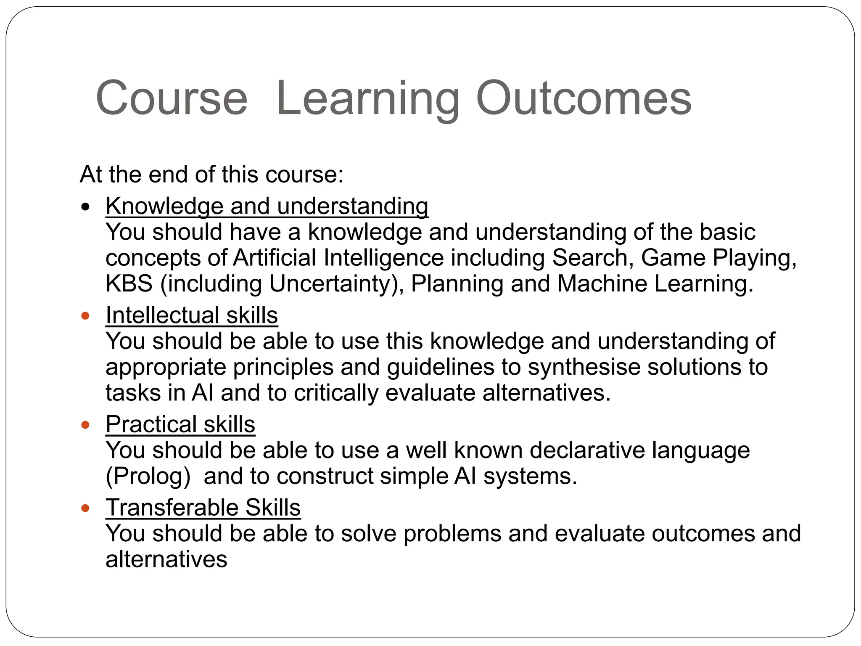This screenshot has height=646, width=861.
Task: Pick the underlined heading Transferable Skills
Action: click(203, 507)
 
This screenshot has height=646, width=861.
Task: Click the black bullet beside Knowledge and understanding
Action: click(86, 207)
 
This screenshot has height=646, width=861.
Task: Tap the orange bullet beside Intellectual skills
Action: click(86, 316)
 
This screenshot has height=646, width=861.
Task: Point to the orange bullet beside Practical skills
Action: click(86, 425)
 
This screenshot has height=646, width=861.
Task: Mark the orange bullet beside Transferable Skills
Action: click(86, 508)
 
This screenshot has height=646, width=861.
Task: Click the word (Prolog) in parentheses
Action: click(148, 477)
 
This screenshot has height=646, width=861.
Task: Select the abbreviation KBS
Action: click(129, 283)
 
